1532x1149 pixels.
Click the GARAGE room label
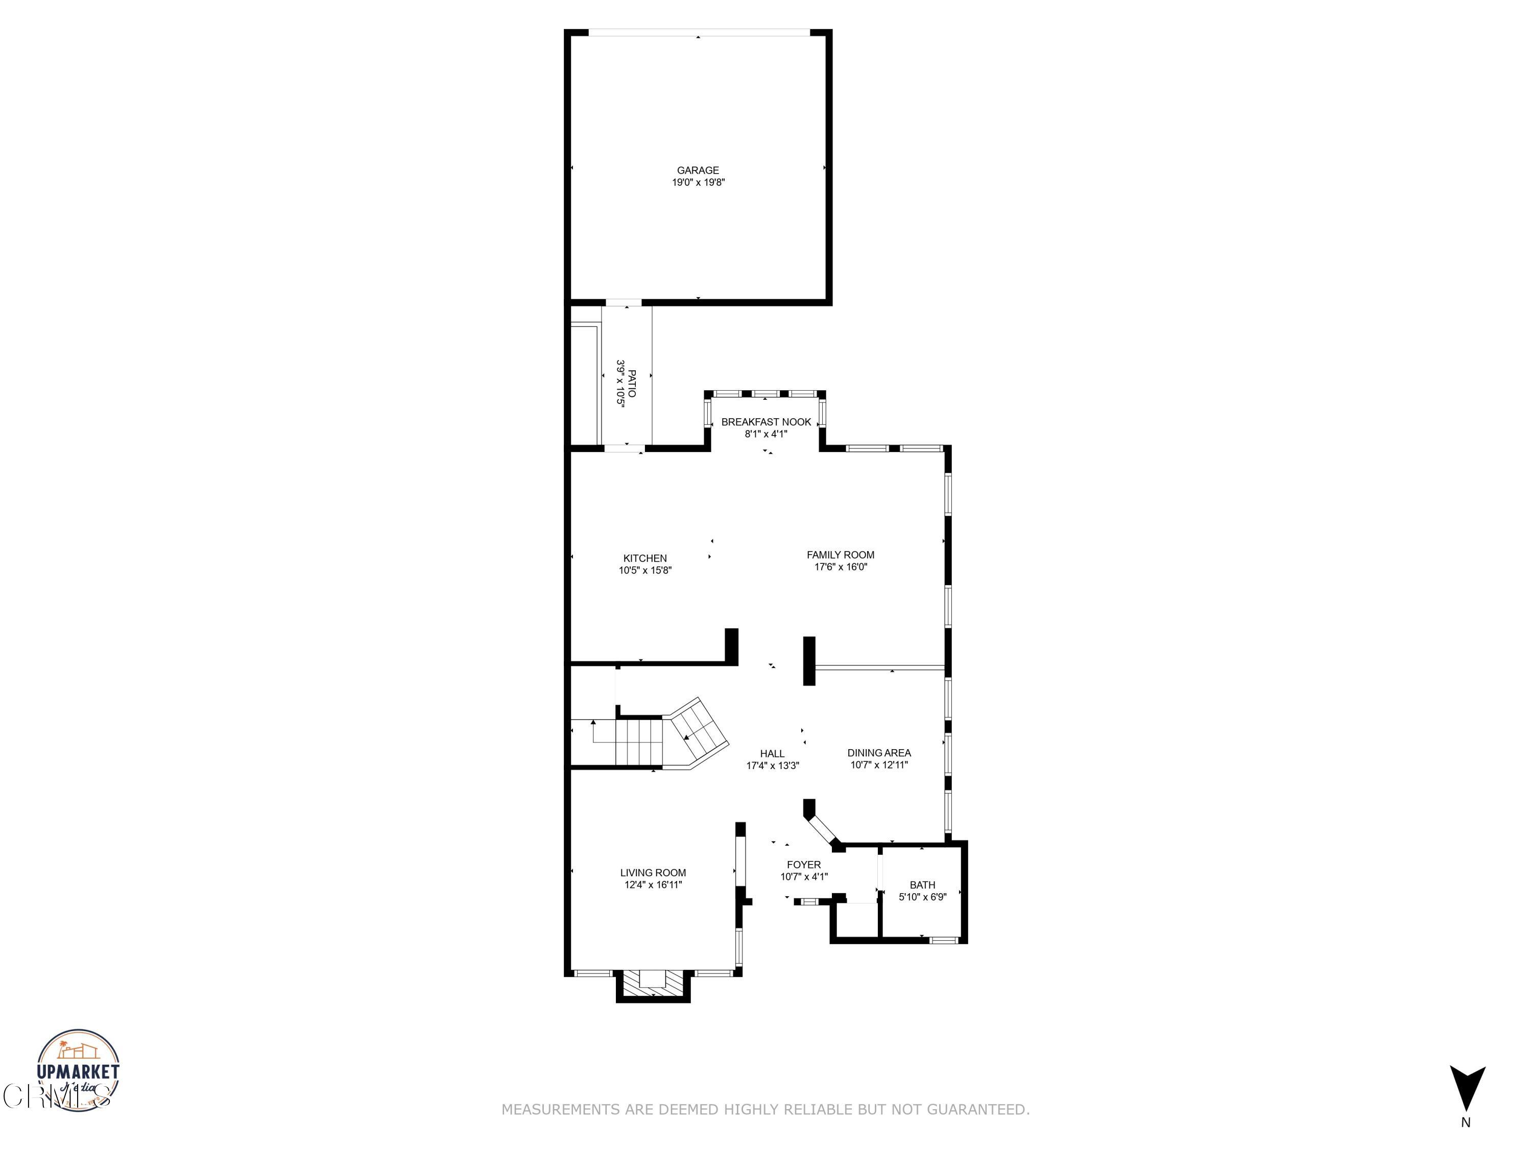click(x=698, y=171)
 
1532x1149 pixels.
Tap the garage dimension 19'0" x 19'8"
click(x=698, y=183)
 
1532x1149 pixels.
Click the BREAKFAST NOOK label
click(x=766, y=422)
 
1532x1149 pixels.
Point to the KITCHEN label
click(x=645, y=558)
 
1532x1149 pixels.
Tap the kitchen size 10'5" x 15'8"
click(x=645, y=571)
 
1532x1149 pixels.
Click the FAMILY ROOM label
click(x=840, y=555)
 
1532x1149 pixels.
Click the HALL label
click(x=772, y=754)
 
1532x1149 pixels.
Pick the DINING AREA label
click(x=879, y=753)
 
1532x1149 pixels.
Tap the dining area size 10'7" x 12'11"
click(x=879, y=765)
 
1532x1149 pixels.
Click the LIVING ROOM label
click(x=653, y=873)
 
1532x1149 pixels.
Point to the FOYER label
click(x=803, y=865)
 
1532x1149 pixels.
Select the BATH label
click(x=922, y=884)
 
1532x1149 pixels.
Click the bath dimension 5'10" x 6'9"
click(x=922, y=897)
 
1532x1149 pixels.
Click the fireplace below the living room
click(x=653, y=984)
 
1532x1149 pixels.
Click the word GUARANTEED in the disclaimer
click(x=978, y=1110)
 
